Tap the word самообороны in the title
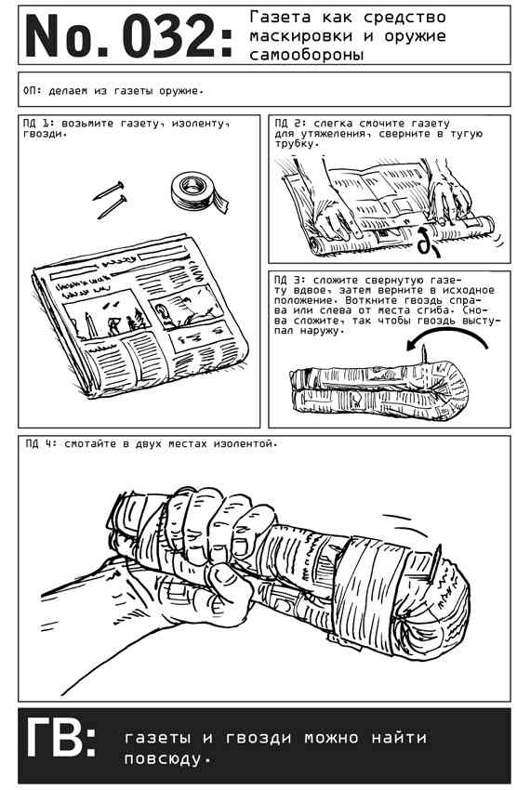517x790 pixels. [306, 55]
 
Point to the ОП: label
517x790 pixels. [33, 91]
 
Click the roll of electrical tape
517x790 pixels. [197, 192]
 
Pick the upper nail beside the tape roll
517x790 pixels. [109, 190]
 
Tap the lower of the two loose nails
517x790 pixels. [112, 206]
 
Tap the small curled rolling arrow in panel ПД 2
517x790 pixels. [428, 242]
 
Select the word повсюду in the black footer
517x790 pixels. [166, 758]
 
